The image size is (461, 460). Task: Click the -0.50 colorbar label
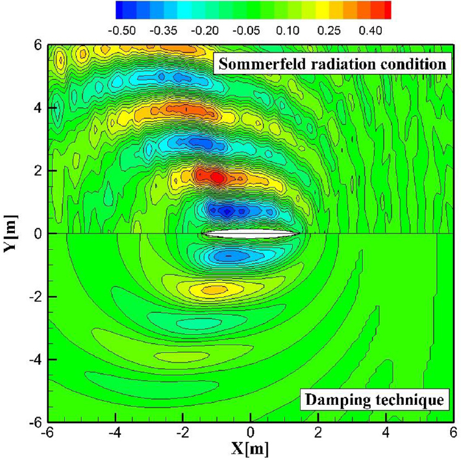pyautogui.click(x=121, y=30)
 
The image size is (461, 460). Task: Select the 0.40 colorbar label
pyautogui.click(x=371, y=30)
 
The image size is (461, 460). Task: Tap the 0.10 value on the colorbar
pyautogui.click(x=288, y=30)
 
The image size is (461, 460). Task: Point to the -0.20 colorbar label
pyautogui.click(x=205, y=30)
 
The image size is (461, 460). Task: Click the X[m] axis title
pyautogui.click(x=250, y=449)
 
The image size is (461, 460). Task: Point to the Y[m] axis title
pyautogui.click(x=10, y=234)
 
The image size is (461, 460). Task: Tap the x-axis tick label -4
pyautogui.click(x=116, y=433)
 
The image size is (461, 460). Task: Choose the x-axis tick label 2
pyautogui.click(x=318, y=433)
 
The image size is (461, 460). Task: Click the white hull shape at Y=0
pyautogui.click(x=251, y=234)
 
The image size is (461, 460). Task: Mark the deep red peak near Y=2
pyautogui.click(x=217, y=177)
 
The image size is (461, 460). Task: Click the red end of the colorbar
pyautogui.click(x=384, y=10)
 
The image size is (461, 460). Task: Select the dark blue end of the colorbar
pyautogui.click(x=123, y=10)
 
